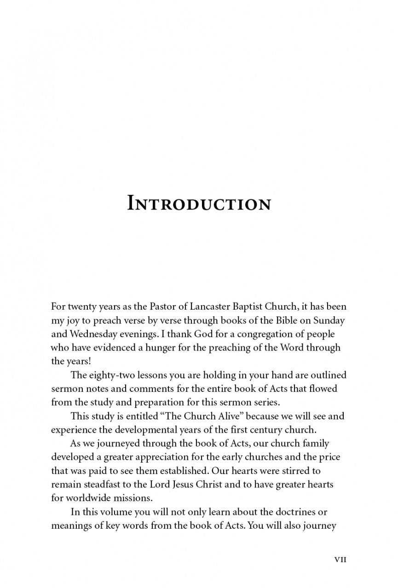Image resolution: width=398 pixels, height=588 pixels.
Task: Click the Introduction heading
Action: (199, 204)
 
